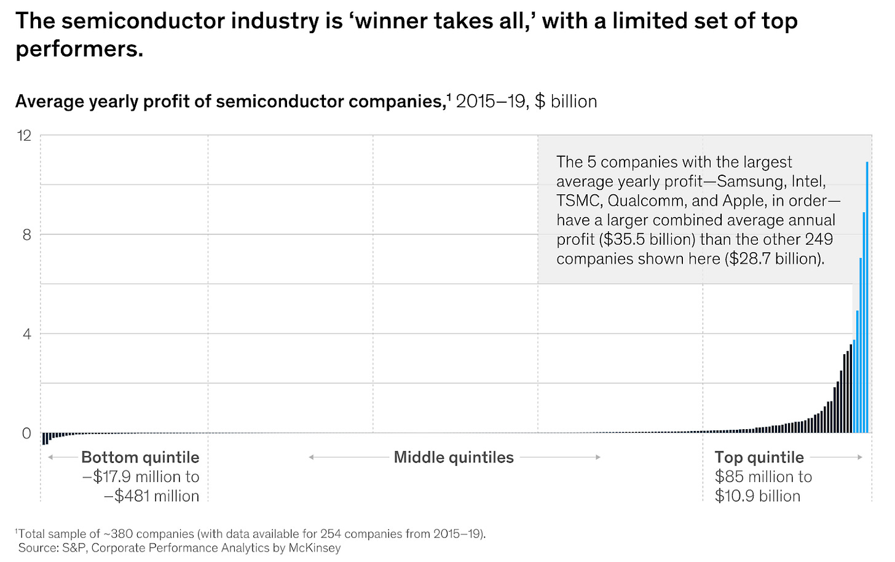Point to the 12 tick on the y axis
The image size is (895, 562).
pyautogui.click(x=24, y=135)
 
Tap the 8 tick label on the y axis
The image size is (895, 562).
pyautogui.click(x=26, y=235)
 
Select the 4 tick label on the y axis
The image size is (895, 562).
pyautogui.click(x=26, y=334)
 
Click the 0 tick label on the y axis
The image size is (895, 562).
pyautogui.click(x=26, y=433)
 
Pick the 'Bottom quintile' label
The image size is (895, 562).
pyautogui.click(x=140, y=457)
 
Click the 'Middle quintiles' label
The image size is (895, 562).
pyautogui.click(x=454, y=457)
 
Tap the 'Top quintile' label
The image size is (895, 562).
pyautogui.click(x=759, y=457)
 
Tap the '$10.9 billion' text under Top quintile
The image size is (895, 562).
pyautogui.click(x=757, y=496)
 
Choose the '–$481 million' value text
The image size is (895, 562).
pyautogui.click(x=151, y=496)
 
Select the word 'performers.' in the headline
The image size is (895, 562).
pyautogui.click(x=79, y=49)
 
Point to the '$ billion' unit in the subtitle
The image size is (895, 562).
pyautogui.click(x=566, y=101)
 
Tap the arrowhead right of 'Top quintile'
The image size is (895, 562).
pyautogui.click(x=860, y=457)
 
